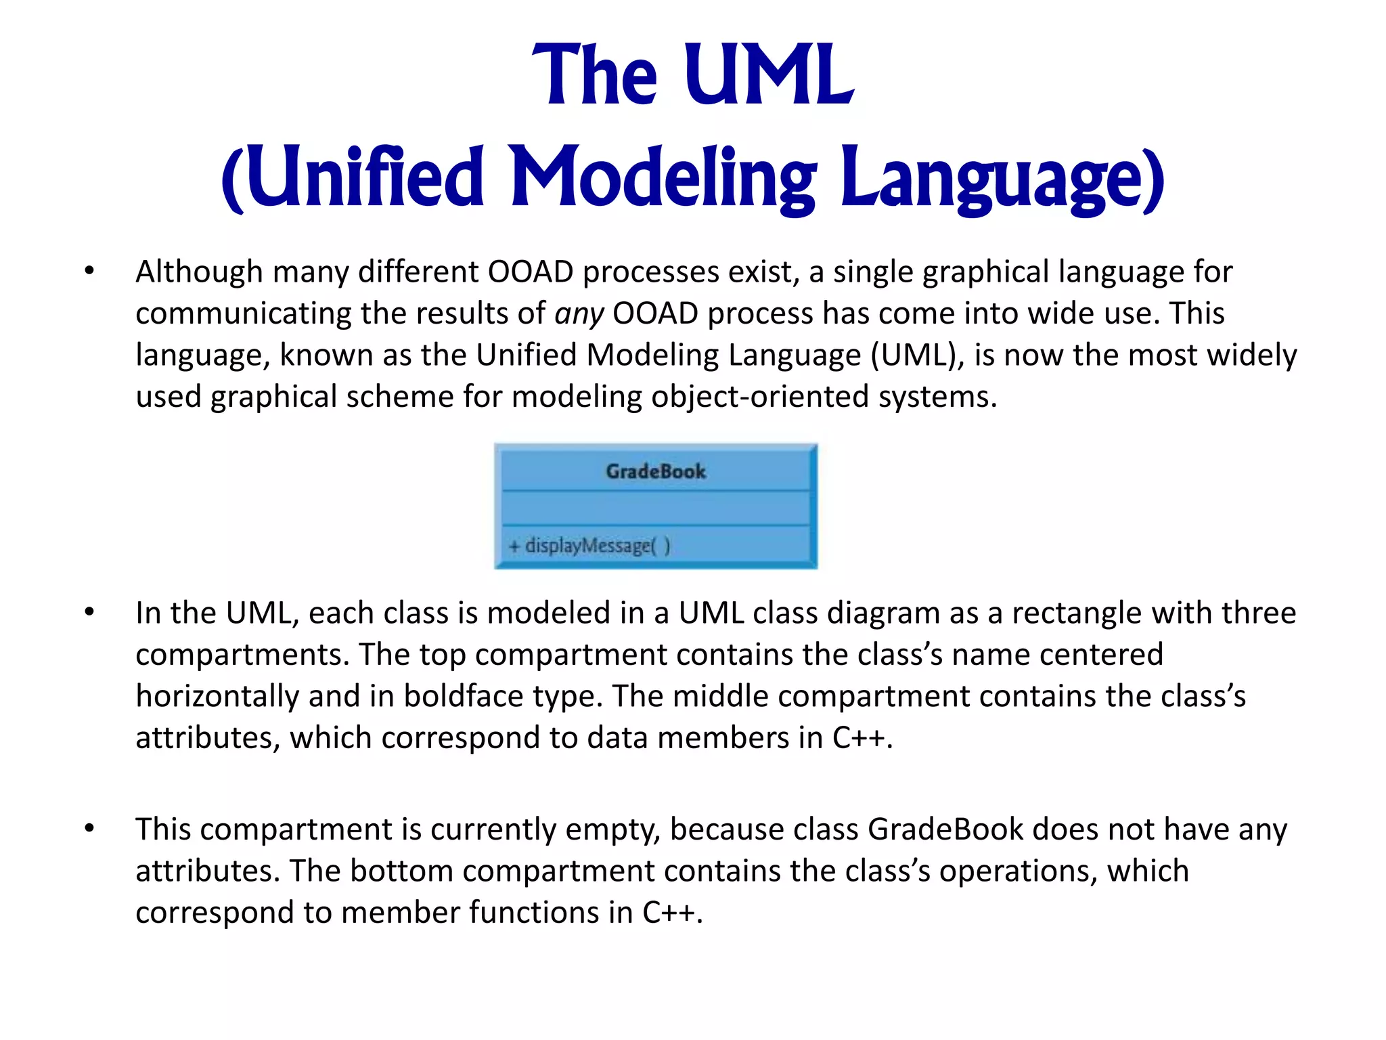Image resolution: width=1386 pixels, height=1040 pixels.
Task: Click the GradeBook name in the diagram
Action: pyautogui.click(x=655, y=471)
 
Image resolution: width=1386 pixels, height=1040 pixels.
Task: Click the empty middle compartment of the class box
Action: pyautogui.click(x=655, y=508)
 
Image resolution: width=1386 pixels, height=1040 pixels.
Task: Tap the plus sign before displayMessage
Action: pyautogui.click(x=514, y=546)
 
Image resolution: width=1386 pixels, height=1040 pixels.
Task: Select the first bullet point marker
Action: pyautogui.click(x=89, y=272)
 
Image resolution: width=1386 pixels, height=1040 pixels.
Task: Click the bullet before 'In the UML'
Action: pyautogui.click(x=89, y=613)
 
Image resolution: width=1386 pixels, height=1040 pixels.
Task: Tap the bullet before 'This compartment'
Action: pyautogui.click(x=89, y=829)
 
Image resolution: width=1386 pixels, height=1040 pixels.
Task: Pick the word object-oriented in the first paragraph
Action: pyautogui.click(x=759, y=397)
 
